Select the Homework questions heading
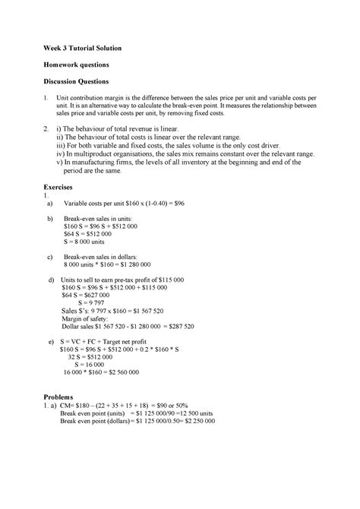pyautogui.click(x=79, y=65)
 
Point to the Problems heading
pyautogui.click(x=61, y=397)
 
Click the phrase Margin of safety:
pyautogui.click(x=88, y=319)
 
